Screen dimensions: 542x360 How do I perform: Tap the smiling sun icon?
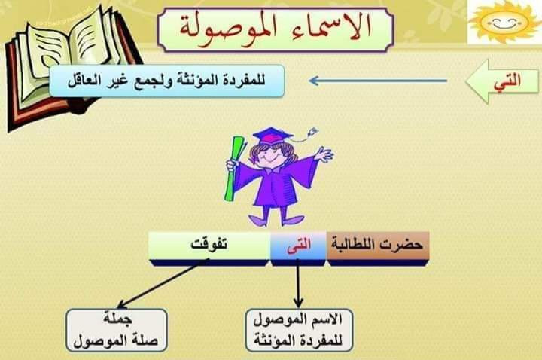point(504,22)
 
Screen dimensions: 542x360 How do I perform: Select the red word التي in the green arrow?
point(507,81)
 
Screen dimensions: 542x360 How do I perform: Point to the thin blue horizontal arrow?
point(378,81)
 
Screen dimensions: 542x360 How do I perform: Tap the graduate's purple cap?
point(273,136)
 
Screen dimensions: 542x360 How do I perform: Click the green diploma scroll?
point(234,169)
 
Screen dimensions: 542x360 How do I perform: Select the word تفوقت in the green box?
point(209,245)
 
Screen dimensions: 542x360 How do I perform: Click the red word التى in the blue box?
point(299,245)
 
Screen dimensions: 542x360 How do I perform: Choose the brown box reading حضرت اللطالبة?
point(378,246)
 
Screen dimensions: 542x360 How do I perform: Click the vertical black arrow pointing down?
point(298,284)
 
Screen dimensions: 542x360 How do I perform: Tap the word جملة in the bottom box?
point(117,319)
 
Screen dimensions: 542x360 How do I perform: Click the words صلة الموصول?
point(116,341)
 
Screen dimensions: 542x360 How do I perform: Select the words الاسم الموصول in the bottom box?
point(298,319)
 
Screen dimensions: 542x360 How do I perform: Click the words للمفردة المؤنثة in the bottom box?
point(298,340)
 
